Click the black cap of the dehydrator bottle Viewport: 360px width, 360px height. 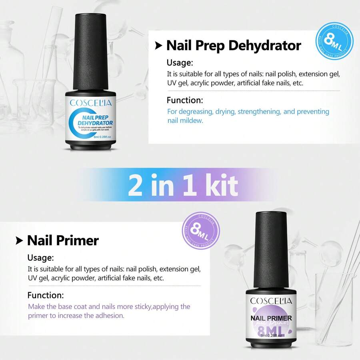(92, 52)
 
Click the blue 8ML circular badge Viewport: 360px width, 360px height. (334, 40)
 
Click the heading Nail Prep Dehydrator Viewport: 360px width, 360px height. (233, 46)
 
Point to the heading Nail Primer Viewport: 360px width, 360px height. (63, 240)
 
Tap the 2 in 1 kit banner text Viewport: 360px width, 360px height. (183, 185)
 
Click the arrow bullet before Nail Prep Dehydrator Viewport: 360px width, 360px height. (159, 46)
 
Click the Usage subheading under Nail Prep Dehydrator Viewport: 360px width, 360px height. (180, 63)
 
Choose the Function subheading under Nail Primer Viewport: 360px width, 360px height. (45, 296)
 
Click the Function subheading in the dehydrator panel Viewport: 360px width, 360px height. (185, 100)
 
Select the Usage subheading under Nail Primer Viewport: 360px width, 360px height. (40, 258)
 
